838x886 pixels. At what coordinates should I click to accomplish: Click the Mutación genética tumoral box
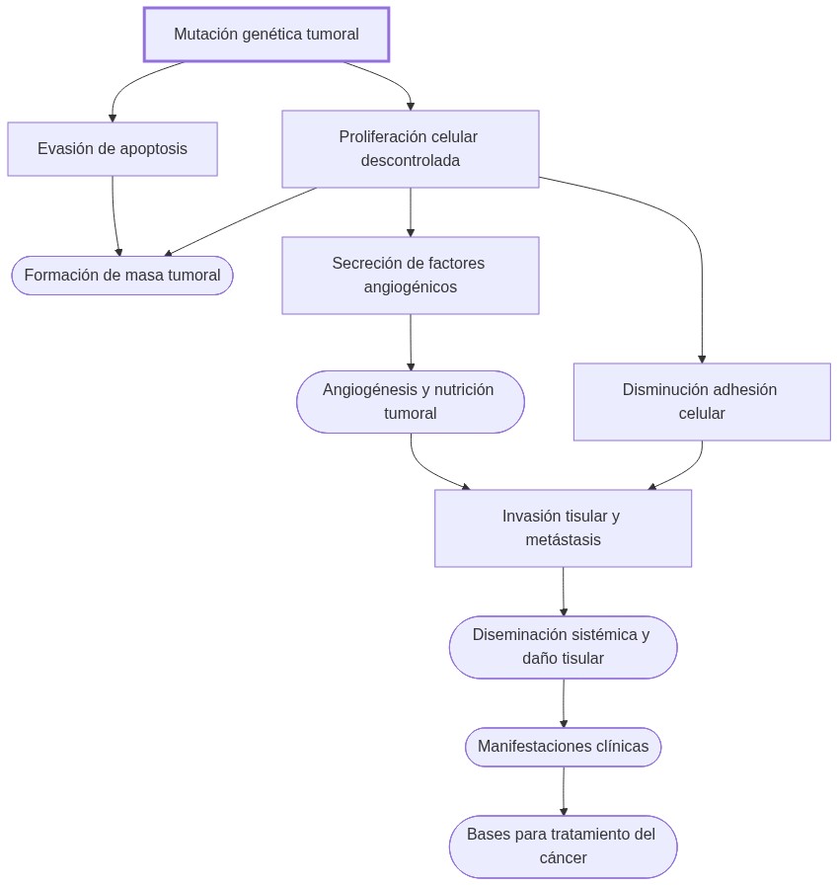click(x=267, y=35)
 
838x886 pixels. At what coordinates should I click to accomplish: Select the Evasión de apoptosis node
click(x=113, y=149)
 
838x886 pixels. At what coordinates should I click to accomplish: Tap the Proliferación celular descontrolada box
click(x=410, y=149)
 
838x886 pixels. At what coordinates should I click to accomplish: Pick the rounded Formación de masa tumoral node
click(x=122, y=276)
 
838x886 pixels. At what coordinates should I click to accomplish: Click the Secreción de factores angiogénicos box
click(x=410, y=276)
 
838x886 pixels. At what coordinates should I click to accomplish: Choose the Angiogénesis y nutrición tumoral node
click(x=410, y=402)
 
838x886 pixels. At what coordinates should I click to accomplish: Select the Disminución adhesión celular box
click(x=701, y=402)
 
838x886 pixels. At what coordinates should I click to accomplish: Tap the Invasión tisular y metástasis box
click(x=563, y=528)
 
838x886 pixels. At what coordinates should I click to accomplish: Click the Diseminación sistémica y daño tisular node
click(x=563, y=647)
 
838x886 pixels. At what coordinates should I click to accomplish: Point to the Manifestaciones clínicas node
click(x=563, y=747)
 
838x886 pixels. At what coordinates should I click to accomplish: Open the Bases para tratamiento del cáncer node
click(x=563, y=846)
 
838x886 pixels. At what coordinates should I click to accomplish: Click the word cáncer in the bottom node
click(x=563, y=858)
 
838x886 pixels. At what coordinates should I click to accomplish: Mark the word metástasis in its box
click(x=563, y=540)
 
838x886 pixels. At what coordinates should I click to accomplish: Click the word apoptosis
click(x=153, y=149)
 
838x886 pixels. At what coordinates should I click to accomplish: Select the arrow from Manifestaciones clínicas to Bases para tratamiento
click(x=564, y=791)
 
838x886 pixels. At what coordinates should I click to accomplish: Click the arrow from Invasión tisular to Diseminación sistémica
click(x=564, y=592)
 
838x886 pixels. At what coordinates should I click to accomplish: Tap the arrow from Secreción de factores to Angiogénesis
click(x=411, y=343)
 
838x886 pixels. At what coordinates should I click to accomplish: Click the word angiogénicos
click(x=410, y=287)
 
